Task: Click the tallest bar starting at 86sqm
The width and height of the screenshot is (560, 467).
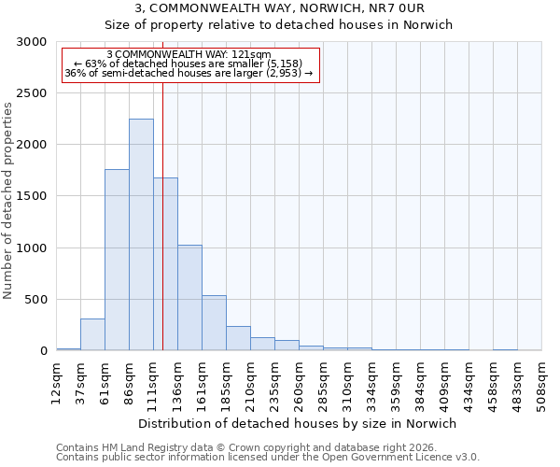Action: click(141, 234)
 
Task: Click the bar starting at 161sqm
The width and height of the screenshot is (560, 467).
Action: click(214, 323)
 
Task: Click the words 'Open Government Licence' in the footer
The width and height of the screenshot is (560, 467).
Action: click(393, 457)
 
